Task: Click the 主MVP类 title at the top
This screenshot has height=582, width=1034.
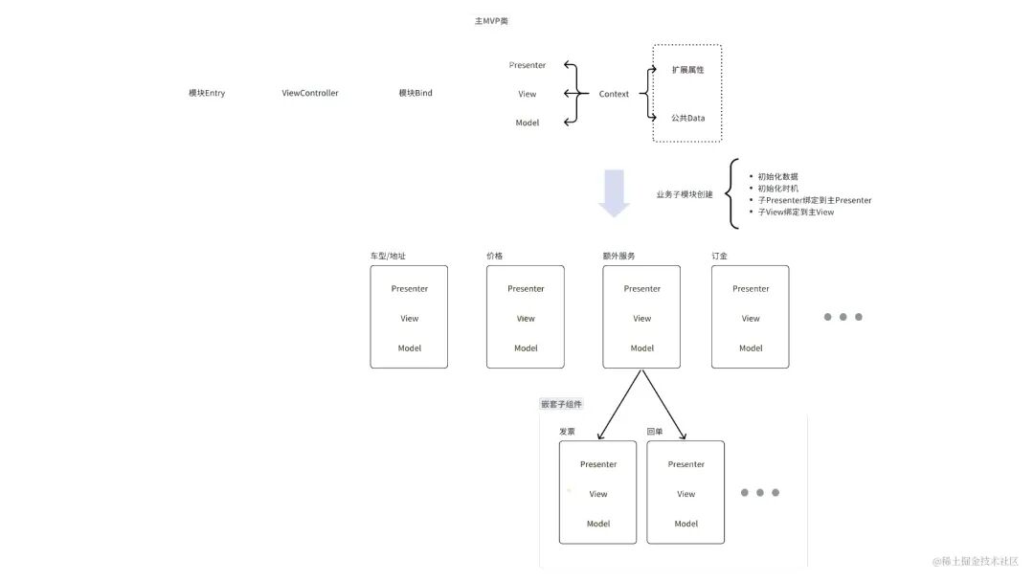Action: (491, 21)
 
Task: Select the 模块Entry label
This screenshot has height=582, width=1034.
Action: (207, 93)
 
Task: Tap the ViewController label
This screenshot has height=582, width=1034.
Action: (310, 93)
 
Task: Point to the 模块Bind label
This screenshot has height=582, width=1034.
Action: (416, 93)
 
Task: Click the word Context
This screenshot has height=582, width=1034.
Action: (614, 94)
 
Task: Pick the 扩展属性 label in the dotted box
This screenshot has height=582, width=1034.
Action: (687, 70)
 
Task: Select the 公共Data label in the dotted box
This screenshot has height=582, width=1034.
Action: (687, 118)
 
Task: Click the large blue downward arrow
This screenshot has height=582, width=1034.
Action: (614, 193)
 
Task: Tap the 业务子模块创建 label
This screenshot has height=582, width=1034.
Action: (685, 194)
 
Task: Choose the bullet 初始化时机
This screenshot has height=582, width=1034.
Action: (777, 189)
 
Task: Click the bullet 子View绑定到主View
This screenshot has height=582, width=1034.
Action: (796, 213)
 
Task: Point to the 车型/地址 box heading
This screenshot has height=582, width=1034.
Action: (388, 256)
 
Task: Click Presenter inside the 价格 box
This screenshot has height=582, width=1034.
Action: (526, 289)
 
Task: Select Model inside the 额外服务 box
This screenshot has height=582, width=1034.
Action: (642, 348)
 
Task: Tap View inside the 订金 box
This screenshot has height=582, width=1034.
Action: (751, 319)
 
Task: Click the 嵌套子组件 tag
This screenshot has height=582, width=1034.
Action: (561, 404)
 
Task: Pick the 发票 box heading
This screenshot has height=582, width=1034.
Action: (567, 432)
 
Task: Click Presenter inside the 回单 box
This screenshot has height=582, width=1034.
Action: (686, 464)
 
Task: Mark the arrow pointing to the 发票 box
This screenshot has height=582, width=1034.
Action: (619, 405)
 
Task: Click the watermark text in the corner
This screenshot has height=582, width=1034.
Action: (976, 562)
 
